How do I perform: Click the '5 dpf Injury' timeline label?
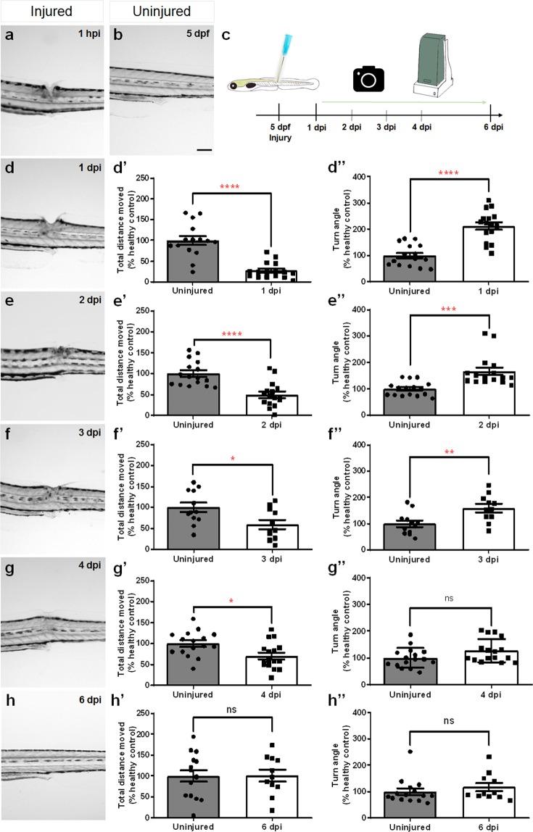click(278, 136)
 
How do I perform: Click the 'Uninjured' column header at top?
click(160, 12)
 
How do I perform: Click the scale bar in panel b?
click(204, 151)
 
